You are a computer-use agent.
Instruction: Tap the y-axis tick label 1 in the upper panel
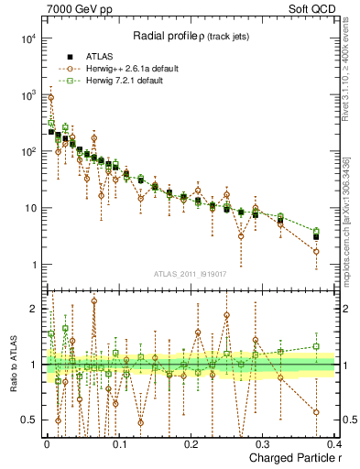coord(33,266)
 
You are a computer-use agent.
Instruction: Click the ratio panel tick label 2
coord(34,310)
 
